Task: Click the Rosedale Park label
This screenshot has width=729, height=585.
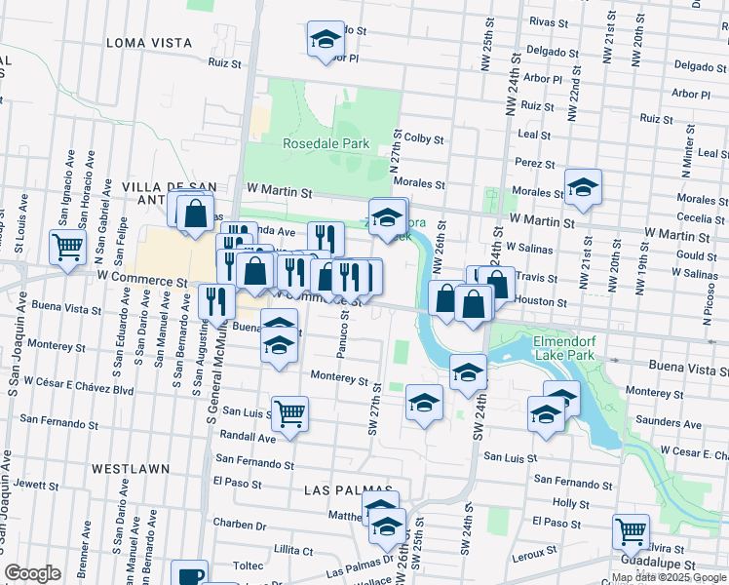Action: pyautogui.click(x=326, y=143)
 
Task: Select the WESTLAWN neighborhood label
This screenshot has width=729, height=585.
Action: pyautogui.click(x=126, y=468)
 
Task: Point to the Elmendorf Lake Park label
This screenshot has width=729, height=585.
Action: pyautogui.click(x=572, y=350)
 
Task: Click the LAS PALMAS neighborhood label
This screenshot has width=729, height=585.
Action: pyautogui.click(x=348, y=489)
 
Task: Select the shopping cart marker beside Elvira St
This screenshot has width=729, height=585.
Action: pyautogui.click(x=631, y=532)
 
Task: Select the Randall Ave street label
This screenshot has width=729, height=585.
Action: pyautogui.click(x=249, y=438)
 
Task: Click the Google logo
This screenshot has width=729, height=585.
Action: pyautogui.click(x=32, y=573)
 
